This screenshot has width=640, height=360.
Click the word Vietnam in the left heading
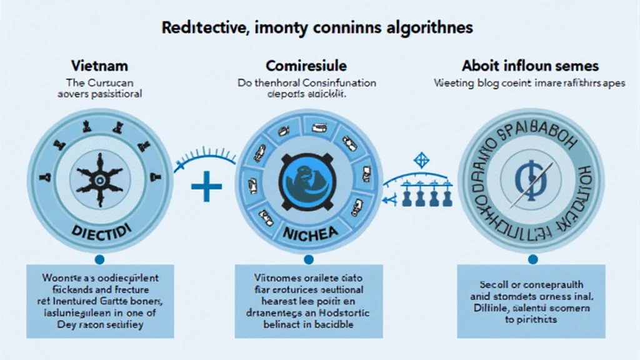pyautogui.click(x=99, y=66)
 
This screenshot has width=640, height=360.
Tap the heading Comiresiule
pyautogui.click(x=306, y=66)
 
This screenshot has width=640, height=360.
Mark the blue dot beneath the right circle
pyautogui.click(x=532, y=258)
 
